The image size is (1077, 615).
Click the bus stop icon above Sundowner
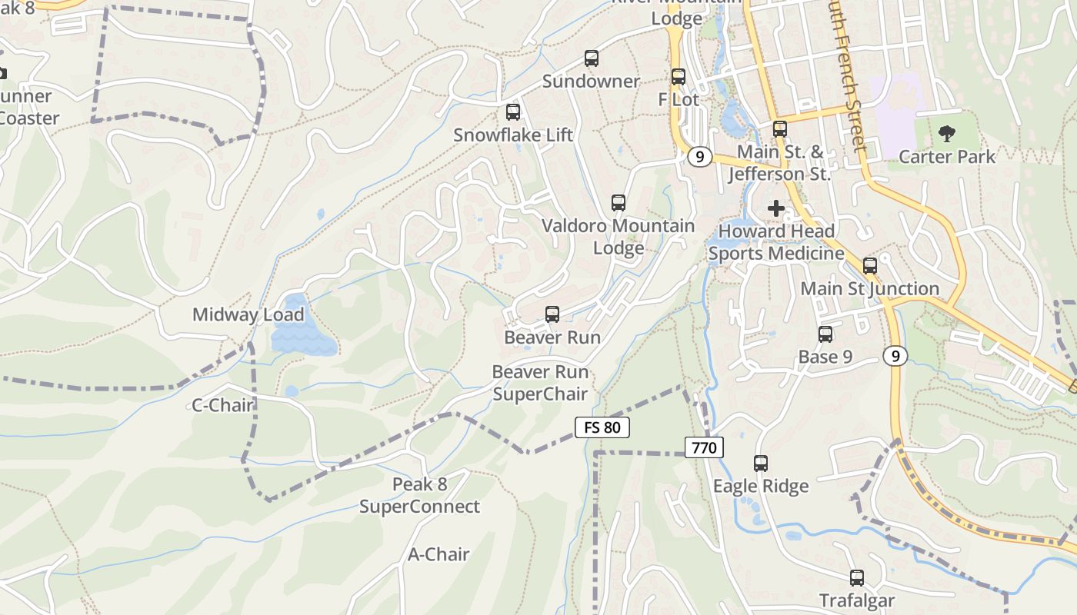click(591, 58)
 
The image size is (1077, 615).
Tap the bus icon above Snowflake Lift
click(513, 112)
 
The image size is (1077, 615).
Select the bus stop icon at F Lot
click(678, 77)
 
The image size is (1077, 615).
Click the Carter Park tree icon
click(946, 134)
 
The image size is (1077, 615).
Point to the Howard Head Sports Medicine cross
click(776, 208)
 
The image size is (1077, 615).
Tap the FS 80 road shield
click(602, 427)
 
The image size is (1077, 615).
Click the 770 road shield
click(704, 447)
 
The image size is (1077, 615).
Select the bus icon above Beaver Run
click(552, 314)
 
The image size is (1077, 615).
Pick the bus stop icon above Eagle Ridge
click(761, 464)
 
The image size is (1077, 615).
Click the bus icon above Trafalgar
click(857, 578)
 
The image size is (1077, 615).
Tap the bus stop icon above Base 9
click(825, 334)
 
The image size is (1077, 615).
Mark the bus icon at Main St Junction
click(870, 266)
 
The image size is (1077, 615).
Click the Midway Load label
click(248, 314)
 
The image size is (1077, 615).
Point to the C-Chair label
click(222, 405)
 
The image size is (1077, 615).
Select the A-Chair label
click(438, 554)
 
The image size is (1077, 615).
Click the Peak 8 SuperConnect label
click(419, 496)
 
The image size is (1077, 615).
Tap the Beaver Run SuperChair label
click(540, 383)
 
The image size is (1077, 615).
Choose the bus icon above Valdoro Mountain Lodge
click(619, 203)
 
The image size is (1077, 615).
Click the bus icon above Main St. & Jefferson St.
click(780, 129)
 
